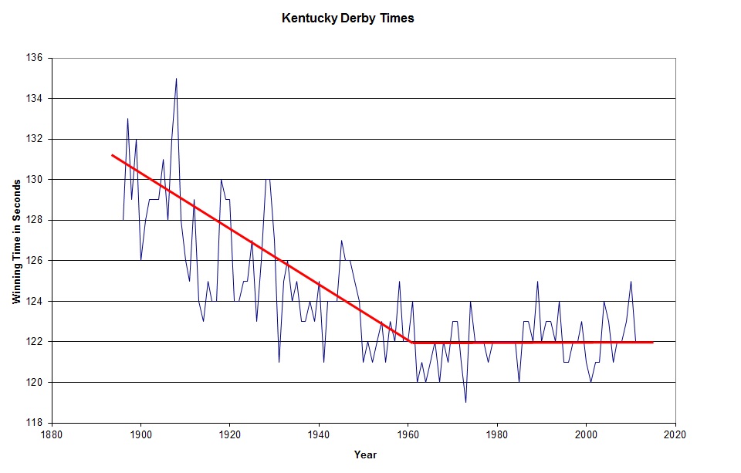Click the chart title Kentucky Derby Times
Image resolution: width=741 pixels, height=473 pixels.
pyautogui.click(x=348, y=19)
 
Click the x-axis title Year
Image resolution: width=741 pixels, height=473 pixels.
pyautogui.click(x=365, y=454)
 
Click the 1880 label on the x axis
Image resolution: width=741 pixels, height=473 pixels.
pyautogui.click(x=52, y=434)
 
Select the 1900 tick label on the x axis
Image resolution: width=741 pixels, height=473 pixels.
pyautogui.click(x=140, y=434)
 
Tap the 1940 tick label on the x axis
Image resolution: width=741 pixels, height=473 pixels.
pyautogui.click(x=319, y=434)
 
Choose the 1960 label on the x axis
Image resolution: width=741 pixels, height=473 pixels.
pyautogui.click(x=408, y=434)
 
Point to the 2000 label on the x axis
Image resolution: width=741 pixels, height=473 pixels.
pyautogui.click(x=587, y=434)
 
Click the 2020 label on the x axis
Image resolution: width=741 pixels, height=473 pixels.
pyautogui.click(x=675, y=434)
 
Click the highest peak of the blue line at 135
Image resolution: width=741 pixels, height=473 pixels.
pyautogui.click(x=176, y=79)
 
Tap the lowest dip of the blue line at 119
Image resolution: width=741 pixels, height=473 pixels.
pyautogui.click(x=465, y=402)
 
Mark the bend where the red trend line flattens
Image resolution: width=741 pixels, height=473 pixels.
pyautogui.click(x=414, y=342)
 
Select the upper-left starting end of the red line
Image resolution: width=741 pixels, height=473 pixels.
pyautogui.click(x=113, y=155)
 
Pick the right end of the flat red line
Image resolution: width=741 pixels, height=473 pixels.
pyautogui.click(x=653, y=342)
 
